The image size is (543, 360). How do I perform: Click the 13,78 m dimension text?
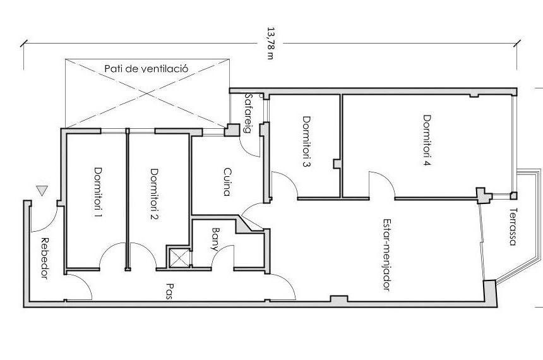coord(270,44)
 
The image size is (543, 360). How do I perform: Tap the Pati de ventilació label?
coord(146,68)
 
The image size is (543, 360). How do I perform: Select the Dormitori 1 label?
coord(98,193)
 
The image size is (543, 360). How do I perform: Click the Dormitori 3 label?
coord(306,141)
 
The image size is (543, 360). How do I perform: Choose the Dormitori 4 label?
coord(427,140)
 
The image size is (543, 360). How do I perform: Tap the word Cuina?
coord(227,183)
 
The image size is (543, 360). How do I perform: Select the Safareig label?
coord(248,113)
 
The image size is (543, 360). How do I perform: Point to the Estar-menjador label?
coord(387,255)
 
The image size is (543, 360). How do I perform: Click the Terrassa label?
coord(513,227)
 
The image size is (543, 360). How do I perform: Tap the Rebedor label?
coord(44,258)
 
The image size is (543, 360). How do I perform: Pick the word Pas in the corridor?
coord(169,291)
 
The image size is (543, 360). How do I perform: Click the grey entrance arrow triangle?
coord(42,190)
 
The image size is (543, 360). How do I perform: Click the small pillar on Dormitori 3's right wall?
coord(337,164)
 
